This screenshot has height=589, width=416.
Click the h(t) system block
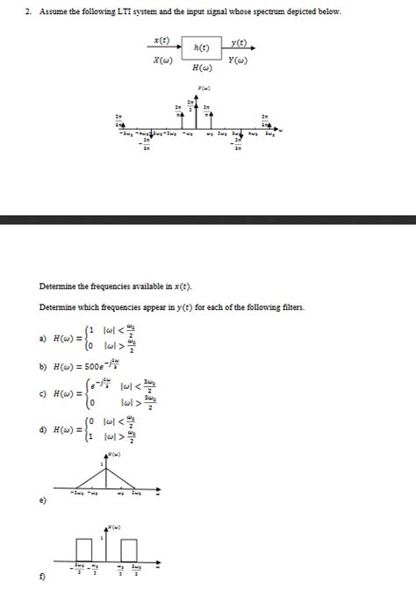[202, 47]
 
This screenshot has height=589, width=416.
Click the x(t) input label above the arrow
[161, 41]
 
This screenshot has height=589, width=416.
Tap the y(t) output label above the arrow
[238, 41]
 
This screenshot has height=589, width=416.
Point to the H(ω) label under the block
[202, 68]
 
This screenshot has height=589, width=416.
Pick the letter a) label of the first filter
[43, 338]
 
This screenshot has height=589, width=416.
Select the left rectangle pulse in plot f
[84, 549]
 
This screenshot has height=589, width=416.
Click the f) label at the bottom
[43, 577]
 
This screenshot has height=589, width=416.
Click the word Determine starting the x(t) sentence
[59, 286]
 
